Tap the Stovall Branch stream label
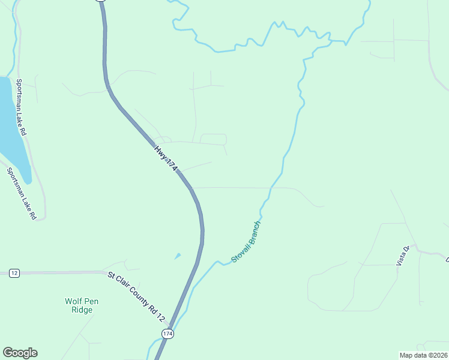(246, 242)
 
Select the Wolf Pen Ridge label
(79, 305)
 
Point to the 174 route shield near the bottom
(168, 333)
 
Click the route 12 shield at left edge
(14, 273)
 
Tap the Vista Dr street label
(402, 256)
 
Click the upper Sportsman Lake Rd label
(22, 106)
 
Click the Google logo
(20, 353)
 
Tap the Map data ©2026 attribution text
(423, 355)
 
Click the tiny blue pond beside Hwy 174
(177, 256)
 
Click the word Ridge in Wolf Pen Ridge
(82, 310)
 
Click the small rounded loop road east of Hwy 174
(213, 139)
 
